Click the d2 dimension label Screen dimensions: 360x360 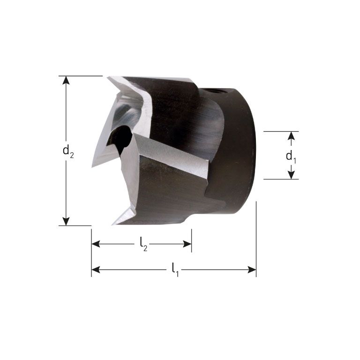tap(68, 151)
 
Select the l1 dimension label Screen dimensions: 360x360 tap(175, 270)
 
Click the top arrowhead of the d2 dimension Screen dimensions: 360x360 tap(66, 81)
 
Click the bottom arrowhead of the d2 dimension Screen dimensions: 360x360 tap(66, 221)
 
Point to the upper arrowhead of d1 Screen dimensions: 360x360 tap(291, 136)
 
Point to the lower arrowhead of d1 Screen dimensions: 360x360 tap(291, 174)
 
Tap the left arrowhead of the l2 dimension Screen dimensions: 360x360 tap(96, 244)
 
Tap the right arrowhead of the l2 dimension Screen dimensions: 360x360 tap(187, 244)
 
